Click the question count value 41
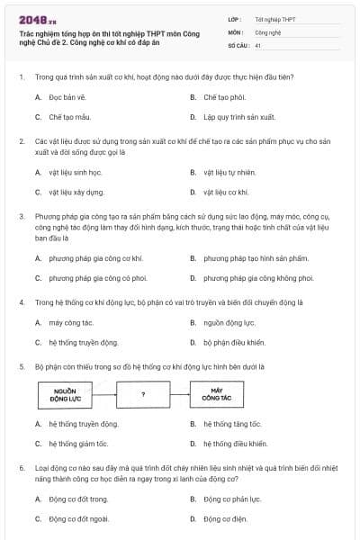pyautogui.click(x=258, y=44)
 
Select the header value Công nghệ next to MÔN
pyautogui.click(x=267, y=31)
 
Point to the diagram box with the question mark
pyautogui.click(x=143, y=395)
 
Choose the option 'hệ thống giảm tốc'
pyautogui.click(x=77, y=444)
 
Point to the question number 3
pyautogui.click(x=21, y=217)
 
